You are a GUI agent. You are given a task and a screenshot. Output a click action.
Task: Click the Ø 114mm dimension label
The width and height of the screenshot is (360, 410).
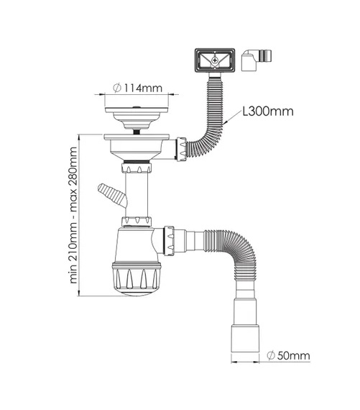tap(138, 88)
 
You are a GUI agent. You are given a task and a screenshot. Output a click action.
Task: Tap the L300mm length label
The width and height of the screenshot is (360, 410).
tap(268, 111)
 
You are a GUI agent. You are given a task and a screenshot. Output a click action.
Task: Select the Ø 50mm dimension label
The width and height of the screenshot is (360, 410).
tap(288, 355)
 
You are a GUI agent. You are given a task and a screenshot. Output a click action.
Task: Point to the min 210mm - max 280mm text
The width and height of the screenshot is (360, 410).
tap(73, 215)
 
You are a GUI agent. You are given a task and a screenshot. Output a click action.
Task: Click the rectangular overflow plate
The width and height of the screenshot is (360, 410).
tap(214, 60)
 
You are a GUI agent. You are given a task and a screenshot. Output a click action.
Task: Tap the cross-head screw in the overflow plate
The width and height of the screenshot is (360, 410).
tap(215, 60)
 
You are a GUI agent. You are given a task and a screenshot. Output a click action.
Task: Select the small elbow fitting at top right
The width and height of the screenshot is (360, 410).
tap(257, 60)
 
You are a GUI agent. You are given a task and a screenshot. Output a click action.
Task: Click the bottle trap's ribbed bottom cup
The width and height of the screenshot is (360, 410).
tap(137, 279)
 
